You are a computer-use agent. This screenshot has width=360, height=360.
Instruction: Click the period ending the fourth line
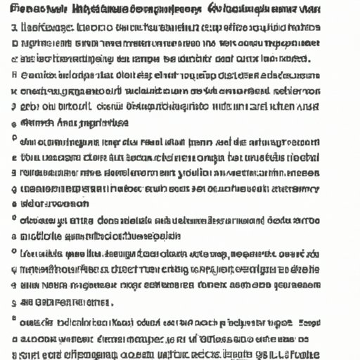point(307,60)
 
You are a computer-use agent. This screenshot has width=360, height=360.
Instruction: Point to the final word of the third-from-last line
point(94,302)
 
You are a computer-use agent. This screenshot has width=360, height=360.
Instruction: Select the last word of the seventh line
point(307,106)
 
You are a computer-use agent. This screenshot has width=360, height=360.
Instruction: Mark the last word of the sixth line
point(302,91)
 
